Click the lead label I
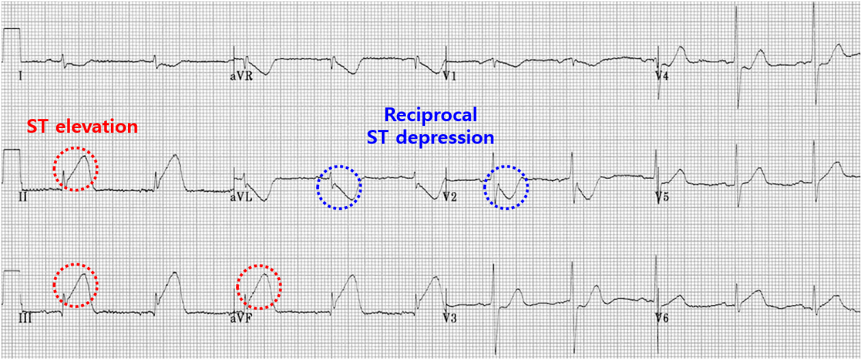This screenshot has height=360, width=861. pos(20,75)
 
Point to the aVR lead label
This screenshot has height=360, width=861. pos(241,76)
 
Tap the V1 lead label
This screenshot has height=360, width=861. pos(449,76)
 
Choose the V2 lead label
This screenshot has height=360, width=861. pos(449,197)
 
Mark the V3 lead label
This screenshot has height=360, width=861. pos(449,318)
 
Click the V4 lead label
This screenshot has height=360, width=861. pos(661,76)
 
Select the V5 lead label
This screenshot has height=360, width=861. pos(661,197)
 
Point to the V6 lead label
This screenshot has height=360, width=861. pos(661,318)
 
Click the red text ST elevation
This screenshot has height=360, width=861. pos(82,127)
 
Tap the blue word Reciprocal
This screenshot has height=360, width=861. pos(430,114)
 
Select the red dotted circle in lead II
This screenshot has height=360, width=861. pos(76,168)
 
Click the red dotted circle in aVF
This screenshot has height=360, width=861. pos(259,286)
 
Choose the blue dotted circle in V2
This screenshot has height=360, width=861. pos(506,187)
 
